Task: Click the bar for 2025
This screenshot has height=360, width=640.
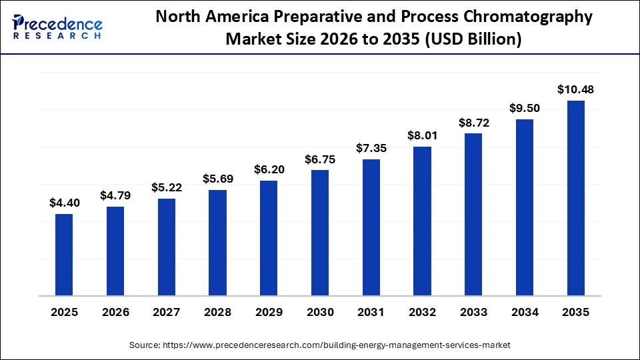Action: [x=64, y=255]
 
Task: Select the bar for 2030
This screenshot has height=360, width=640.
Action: [x=320, y=233]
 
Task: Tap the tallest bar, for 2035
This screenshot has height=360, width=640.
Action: [x=576, y=198]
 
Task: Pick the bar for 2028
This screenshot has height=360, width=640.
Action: [x=217, y=243]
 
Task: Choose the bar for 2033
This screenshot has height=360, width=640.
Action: [x=473, y=214]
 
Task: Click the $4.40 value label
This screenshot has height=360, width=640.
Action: [x=64, y=203]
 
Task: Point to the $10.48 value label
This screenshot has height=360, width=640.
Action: [x=576, y=89]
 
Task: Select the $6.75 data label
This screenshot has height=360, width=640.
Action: [x=320, y=159]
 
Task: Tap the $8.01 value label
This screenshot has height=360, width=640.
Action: [x=422, y=135]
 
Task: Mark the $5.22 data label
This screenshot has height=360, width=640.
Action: [x=167, y=187]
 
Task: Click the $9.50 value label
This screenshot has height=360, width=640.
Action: [x=525, y=109]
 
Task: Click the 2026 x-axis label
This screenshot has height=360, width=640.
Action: [x=115, y=312]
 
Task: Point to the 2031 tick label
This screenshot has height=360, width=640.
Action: [x=371, y=312]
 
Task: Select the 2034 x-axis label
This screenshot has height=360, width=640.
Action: [x=525, y=312]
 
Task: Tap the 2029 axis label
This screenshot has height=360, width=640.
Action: [x=269, y=312]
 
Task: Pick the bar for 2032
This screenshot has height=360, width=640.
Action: [x=422, y=221]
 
